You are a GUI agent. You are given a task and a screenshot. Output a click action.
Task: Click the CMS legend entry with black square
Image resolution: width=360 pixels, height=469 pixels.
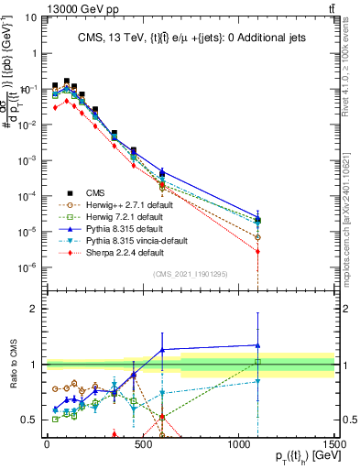[x=93, y=195]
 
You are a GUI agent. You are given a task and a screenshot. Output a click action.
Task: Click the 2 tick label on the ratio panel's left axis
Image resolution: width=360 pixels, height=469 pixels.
[x=35, y=309]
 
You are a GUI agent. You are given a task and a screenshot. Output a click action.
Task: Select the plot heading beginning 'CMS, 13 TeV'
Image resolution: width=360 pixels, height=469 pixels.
[x=190, y=37]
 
